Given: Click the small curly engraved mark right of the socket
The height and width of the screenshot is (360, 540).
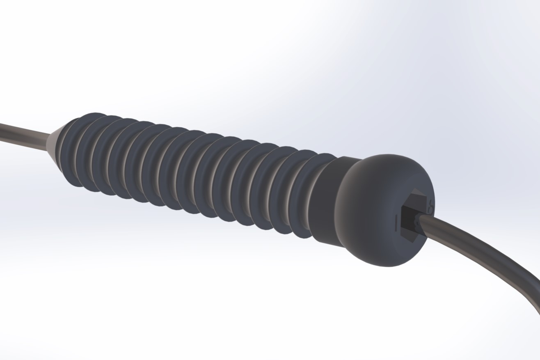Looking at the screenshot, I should (430, 208).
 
